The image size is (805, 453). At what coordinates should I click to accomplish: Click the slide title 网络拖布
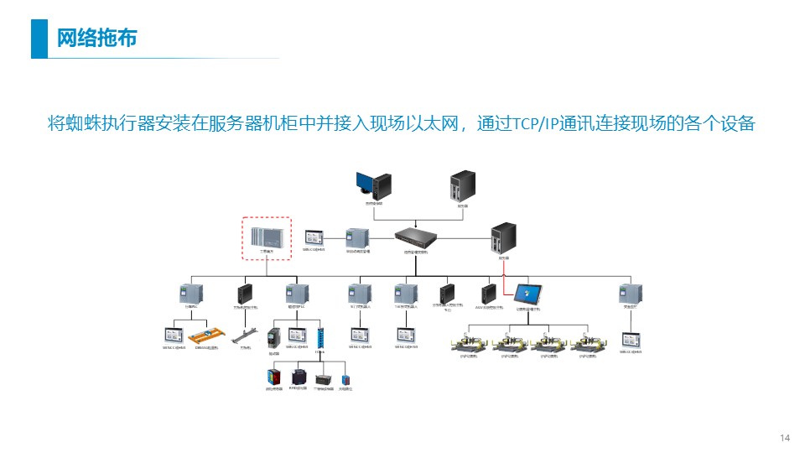coord(96,39)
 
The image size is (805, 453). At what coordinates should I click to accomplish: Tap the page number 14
coord(785,438)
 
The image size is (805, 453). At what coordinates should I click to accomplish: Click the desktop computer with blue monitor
coord(372,185)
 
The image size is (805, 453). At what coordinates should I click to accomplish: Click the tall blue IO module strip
coord(319,336)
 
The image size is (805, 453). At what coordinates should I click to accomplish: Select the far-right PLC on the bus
coord(630,294)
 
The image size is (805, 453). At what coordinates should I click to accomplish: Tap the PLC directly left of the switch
coord(357,237)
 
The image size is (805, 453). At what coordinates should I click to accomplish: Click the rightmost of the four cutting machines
coord(589,344)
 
